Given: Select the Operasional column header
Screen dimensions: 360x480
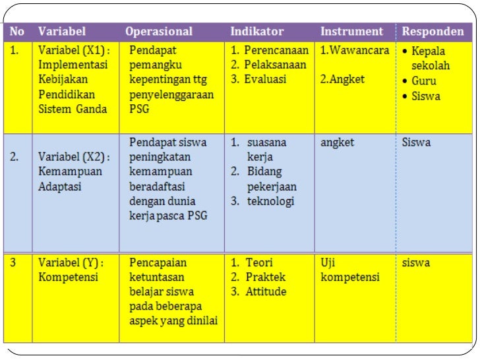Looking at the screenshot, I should [159, 32].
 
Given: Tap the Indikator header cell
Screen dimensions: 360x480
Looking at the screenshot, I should [257, 32].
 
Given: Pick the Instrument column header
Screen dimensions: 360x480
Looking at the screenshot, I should [351, 32].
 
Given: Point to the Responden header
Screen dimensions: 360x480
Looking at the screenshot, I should [433, 32].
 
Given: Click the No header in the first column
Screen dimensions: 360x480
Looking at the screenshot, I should [17, 32].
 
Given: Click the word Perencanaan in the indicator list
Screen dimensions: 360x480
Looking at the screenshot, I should [276, 50].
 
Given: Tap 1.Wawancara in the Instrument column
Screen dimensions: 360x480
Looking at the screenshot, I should [355, 50].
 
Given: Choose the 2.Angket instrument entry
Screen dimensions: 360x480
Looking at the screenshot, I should [342, 79].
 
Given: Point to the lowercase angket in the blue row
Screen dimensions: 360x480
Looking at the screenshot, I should [338, 142].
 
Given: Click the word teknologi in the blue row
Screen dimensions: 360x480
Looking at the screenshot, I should [270, 201].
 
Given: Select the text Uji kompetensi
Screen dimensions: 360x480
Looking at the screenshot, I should [349, 270].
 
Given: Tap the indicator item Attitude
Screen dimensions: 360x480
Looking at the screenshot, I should [266, 291].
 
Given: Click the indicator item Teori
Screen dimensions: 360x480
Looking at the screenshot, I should [259, 262].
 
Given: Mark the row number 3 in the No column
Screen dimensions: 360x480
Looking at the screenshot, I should [13, 262].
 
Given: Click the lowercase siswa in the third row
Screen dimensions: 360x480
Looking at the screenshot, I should [415, 262].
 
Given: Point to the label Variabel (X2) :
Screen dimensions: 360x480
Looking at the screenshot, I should [74, 157].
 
